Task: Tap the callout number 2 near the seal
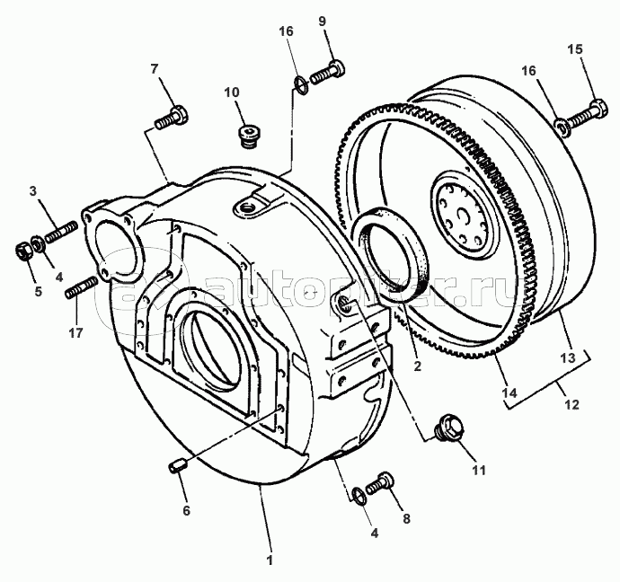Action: [416, 366]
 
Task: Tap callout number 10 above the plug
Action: [231, 92]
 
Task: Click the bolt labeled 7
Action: [172, 117]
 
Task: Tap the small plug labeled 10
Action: [248, 135]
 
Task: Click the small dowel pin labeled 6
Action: [178, 464]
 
